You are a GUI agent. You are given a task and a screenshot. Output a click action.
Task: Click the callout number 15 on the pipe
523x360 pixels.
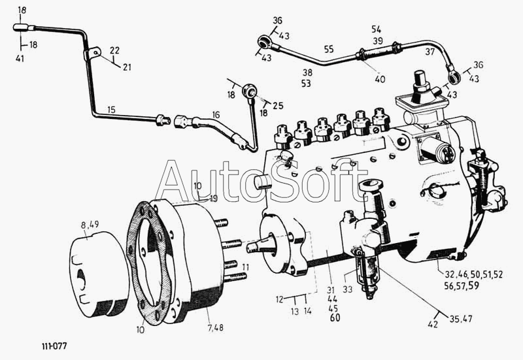[x=111, y=110]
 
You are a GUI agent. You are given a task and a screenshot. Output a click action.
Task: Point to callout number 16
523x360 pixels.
[x=216, y=114]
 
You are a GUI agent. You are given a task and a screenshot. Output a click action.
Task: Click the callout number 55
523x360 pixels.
[x=328, y=49]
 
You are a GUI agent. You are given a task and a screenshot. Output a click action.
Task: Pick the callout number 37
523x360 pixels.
[x=429, y=52]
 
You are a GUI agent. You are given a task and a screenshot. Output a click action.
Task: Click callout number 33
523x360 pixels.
[x=348, y=289]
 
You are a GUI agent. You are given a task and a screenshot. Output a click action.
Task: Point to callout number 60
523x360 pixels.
[x=335, y=318]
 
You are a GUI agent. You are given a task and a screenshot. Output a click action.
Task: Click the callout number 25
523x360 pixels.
[x=278, y=105]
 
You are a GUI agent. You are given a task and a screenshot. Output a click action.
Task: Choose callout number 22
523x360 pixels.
[x=114, y=50]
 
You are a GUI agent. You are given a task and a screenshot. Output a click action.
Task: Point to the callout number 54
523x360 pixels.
[x=376, y=30]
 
